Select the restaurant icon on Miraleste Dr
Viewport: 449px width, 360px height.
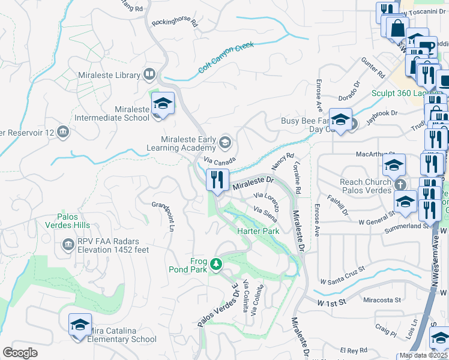pos(216,179)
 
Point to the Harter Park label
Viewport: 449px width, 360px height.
pos(259,231)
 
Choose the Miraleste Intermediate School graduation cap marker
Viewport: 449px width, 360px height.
pos(163,103)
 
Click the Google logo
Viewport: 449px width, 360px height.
pos(20,353)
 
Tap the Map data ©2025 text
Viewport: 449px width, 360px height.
pos(424,355)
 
